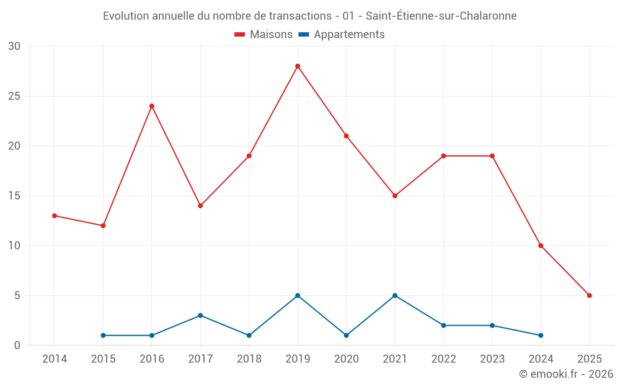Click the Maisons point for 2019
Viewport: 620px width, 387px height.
point(298,66)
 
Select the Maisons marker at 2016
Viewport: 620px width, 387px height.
point(152,106)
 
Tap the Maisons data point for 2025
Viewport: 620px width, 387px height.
point(590,295)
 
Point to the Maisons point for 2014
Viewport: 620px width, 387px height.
point(55,215)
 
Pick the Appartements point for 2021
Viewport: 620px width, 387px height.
point(395,295)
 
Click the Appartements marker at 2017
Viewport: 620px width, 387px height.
point(200,315)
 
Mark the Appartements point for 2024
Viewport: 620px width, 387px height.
point(541,336)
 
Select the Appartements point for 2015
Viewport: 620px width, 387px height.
point(103,336)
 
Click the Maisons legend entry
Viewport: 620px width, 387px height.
point(263,35)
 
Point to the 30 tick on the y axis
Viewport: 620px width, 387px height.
point(14,46)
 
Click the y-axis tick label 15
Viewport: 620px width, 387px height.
point(14,196)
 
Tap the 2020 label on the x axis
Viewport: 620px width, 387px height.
point(346,359)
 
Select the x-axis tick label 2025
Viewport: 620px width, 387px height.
point(590,359)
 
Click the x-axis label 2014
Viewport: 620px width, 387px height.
point(55,359)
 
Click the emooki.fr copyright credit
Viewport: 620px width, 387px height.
point(566,374)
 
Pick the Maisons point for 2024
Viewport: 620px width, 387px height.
point(541,246)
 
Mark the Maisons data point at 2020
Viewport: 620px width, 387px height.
point(346,136)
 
